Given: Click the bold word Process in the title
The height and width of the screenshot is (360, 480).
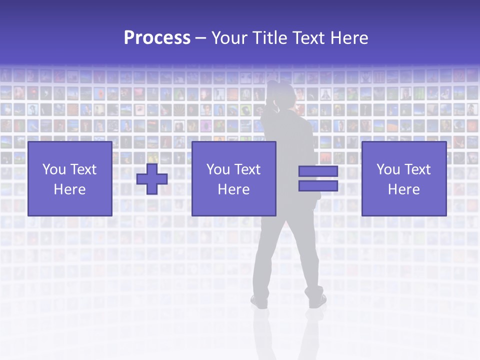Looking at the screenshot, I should (x=157, y=38).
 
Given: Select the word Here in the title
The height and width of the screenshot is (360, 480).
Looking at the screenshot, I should (x=348, y=38).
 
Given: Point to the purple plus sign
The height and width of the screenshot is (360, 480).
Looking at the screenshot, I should (x=152, y=179).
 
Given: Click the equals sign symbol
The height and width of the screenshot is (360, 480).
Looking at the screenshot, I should (x=318, y=178).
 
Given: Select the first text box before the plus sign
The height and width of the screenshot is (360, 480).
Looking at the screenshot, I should (x=69, y=178).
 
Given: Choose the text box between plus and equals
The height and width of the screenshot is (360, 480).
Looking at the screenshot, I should (x=233, y=178).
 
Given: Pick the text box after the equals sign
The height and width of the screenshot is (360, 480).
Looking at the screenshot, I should (x=403, y=178).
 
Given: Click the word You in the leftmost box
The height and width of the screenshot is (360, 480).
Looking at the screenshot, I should (x=54, y=169).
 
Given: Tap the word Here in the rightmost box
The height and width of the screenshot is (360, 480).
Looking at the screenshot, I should (x=403, y=189).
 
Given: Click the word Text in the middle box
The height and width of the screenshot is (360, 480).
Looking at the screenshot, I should (x=248, y=169).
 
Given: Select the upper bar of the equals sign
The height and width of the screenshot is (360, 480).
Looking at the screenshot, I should (x=318, y=171).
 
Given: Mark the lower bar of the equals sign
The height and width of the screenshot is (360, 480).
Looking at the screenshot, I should (x=318, y=186).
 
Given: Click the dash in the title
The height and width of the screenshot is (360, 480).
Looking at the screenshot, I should (x=201, y=38).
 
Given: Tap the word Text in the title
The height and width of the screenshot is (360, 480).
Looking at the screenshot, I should (x=308, y=38).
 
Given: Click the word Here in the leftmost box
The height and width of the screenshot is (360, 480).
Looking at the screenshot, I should (x=69, y=189).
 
